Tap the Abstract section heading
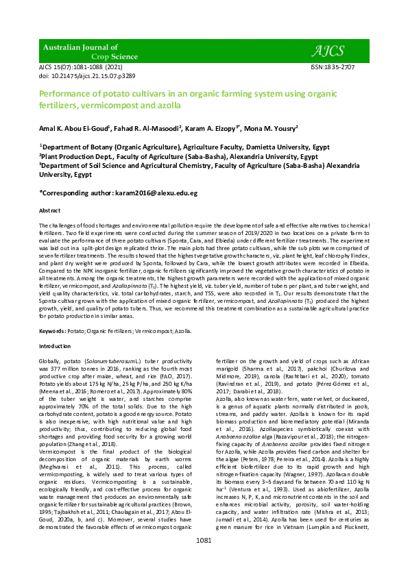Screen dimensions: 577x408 pos(50,210)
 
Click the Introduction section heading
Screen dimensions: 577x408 pos(55,347)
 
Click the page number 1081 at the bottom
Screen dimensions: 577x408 pos(204,559)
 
